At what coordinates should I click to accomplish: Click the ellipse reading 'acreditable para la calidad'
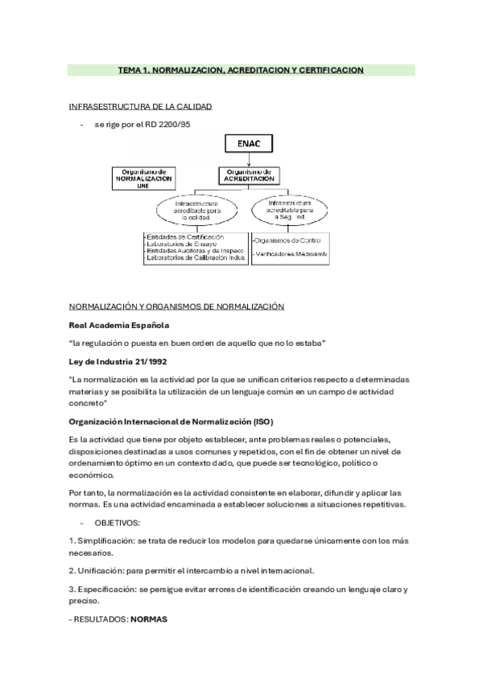(196, 211)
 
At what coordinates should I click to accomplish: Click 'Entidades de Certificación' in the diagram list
(185, 237)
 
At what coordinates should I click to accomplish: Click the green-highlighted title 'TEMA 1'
(242, 71)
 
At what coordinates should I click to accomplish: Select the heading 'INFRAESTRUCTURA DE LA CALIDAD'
(140, 106)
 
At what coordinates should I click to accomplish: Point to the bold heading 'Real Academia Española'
(119, 325)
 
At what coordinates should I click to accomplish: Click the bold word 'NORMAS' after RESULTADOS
(148, 619)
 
